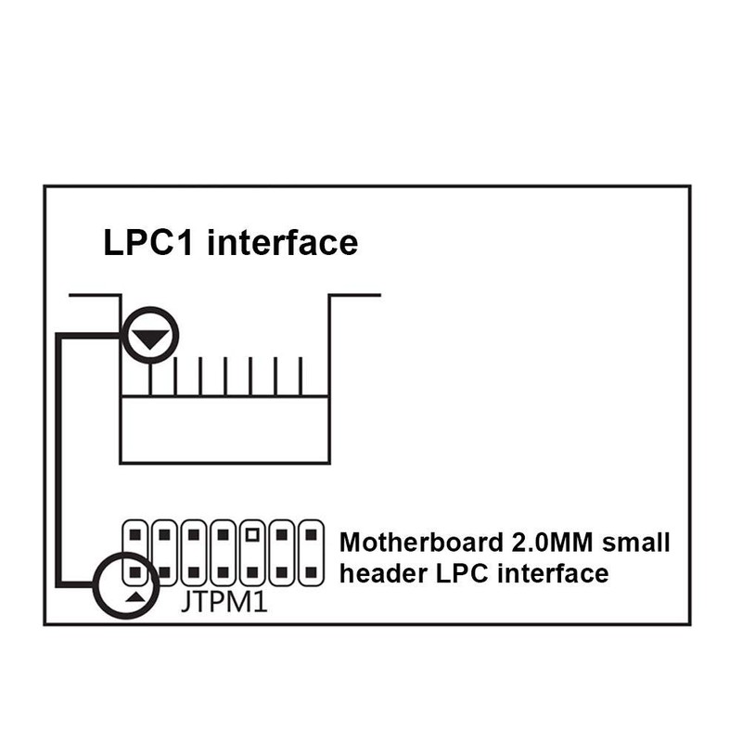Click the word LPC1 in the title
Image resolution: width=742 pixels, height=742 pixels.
tap(148, 242)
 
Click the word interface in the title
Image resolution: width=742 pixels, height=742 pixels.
tap(283, 242)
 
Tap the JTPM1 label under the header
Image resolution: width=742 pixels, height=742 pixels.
tap(224, 602)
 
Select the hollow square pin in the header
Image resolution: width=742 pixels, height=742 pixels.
tap(252, 535)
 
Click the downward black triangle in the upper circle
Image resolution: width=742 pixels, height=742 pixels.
tap(150, 339)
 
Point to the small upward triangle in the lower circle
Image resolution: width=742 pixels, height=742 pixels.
tap(135, 597)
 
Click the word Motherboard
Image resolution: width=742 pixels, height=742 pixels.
tap(421, 543)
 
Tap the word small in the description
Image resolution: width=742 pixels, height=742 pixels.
tap(635, 543)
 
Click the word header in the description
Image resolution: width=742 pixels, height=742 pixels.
tap(383, 573)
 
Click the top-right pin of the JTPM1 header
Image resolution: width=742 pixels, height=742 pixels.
tap(311, 535)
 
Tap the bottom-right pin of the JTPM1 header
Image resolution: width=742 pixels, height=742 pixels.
tap(311, 572)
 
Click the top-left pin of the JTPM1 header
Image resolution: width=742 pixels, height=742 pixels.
tap(134, 535)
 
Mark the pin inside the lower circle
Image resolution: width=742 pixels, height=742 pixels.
tap(134, 572)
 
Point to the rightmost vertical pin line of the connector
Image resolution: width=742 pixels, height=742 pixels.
tap(301, 377)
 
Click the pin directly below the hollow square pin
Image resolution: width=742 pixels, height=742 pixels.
tap(252, 572)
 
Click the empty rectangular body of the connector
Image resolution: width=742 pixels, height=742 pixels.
tap(224, 429)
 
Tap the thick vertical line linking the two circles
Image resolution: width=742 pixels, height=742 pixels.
tap(59, 460)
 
